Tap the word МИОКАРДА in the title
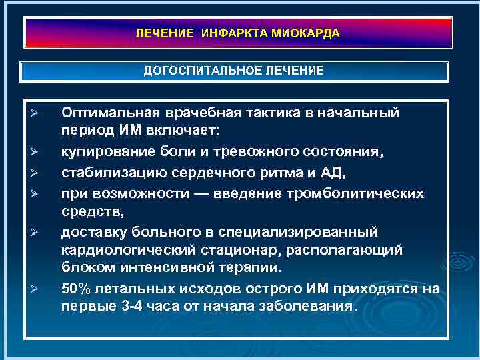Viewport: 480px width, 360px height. (x=306, y=33)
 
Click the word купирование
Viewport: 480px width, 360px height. (x=103, y=153)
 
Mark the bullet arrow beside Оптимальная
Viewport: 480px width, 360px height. (x=39, y=113)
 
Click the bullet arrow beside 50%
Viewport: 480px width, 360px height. (x=39, y=289)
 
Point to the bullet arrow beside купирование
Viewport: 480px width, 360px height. (x=39, y=153)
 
